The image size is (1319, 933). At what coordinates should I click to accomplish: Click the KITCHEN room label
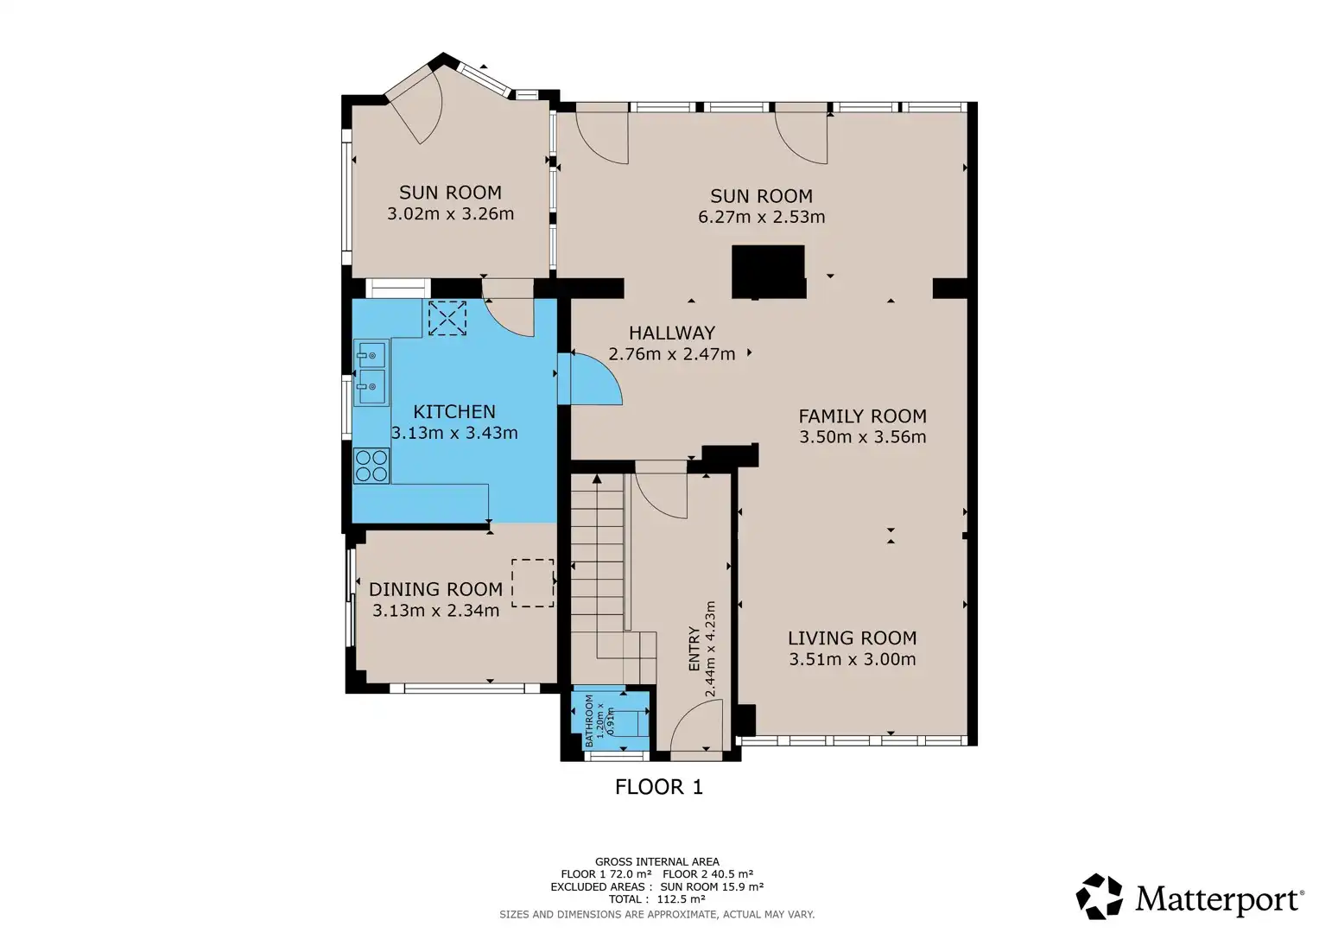pyautogui.click(x=454, y=411)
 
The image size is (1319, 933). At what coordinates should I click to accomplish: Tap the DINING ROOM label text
pyautogui.click(x=435, y=589)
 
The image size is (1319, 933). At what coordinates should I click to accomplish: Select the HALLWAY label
pyautogui.click(x=672, y=333)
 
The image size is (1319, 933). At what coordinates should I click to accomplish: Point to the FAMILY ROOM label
pyautogui.click(x=863, y=416)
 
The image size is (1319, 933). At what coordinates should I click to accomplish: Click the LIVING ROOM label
pyautogui.click(x=852, y=638)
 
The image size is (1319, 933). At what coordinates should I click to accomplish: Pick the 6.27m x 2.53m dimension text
pyautogui.click(x=761, y=217)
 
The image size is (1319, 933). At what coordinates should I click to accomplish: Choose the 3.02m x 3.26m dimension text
pyautogui.click(x=450, y=213)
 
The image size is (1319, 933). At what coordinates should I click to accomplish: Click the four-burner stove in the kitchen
pyautogui.click(x=371, y=466)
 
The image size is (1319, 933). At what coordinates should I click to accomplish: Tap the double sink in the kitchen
pyautogui.click(x=371, y=372)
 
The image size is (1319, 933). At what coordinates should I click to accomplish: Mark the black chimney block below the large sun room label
pyautogui.click(x=769, y=271)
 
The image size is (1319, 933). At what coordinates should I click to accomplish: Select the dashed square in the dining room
pyautogui.click(x=532, y=582)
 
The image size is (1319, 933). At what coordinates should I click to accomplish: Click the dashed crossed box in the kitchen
pyautogui.click(x=447, y=318)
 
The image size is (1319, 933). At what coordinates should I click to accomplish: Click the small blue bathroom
pyautogui.click(x=610, y=720)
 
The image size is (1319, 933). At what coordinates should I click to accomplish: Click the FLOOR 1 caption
pyautogui.click(x=659, y=787)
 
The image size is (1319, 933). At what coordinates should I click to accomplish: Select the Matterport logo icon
pyautogui.click(x=1099, y=897)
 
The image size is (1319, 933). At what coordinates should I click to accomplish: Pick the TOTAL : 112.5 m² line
pyautogui.click(x=656, y=898)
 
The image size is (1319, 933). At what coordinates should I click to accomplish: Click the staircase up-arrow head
pyautogui.click(x=597, y=479)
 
